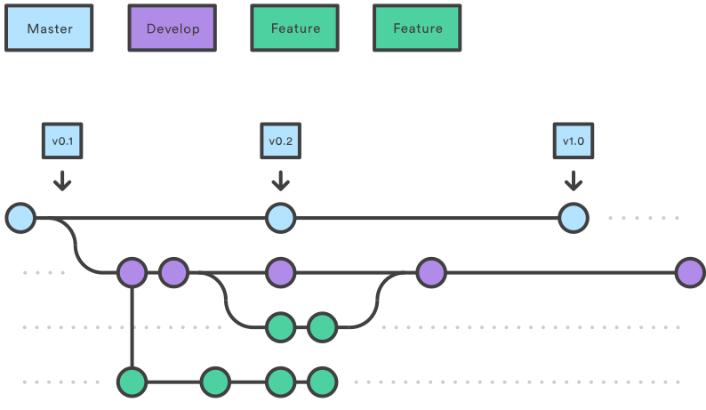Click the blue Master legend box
[x=50, y=28]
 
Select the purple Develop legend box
[x=172, y=28]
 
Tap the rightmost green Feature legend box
[x=418, y=28]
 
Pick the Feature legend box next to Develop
[x=295, y=28]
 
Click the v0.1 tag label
[x=61, y=141]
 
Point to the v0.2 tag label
[x=280, y=141]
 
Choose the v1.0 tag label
[x=574, y=141]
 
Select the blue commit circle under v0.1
[x=20, y=217]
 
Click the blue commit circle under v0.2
[x=280, y=217]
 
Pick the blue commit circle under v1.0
[x=574, y=217]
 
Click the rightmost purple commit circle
[x=690, y=272]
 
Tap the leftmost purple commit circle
[x=132, y=272]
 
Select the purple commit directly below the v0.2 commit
[x=280, y=272]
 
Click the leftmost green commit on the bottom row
[x=132, y=382]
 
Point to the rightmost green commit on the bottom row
[x=322, y=382]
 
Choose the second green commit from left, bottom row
[x=214, y=382]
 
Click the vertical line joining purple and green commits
[x=132, y=327]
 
